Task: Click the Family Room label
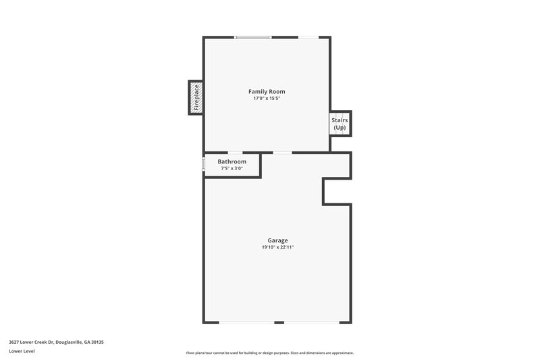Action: [x=267, y=91]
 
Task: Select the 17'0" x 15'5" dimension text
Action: [x=267, y=99]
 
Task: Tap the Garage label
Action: [x=277, y=240]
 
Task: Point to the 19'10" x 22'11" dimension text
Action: [x=277, y=248]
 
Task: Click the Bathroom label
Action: [x=232, y=162]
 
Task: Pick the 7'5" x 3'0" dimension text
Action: [x=232, y=169]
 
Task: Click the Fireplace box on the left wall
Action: [x=196, y=97]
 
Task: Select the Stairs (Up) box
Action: [x=340, y=124]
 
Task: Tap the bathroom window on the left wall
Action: [x=204, y=164]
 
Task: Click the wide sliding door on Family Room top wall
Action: [x=253, y=37]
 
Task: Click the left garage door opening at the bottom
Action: [x=246, y=323]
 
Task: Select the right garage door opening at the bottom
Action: [x=311, y=323]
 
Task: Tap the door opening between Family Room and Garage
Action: [x=282, y=153]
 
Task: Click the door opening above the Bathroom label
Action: [x=236, y=153]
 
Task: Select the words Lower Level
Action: [x=22, y=351]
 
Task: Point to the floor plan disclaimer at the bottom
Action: [x=269, y=353]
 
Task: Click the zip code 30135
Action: [x=97, y=342]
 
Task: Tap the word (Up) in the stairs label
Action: [x=340, y=128]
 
